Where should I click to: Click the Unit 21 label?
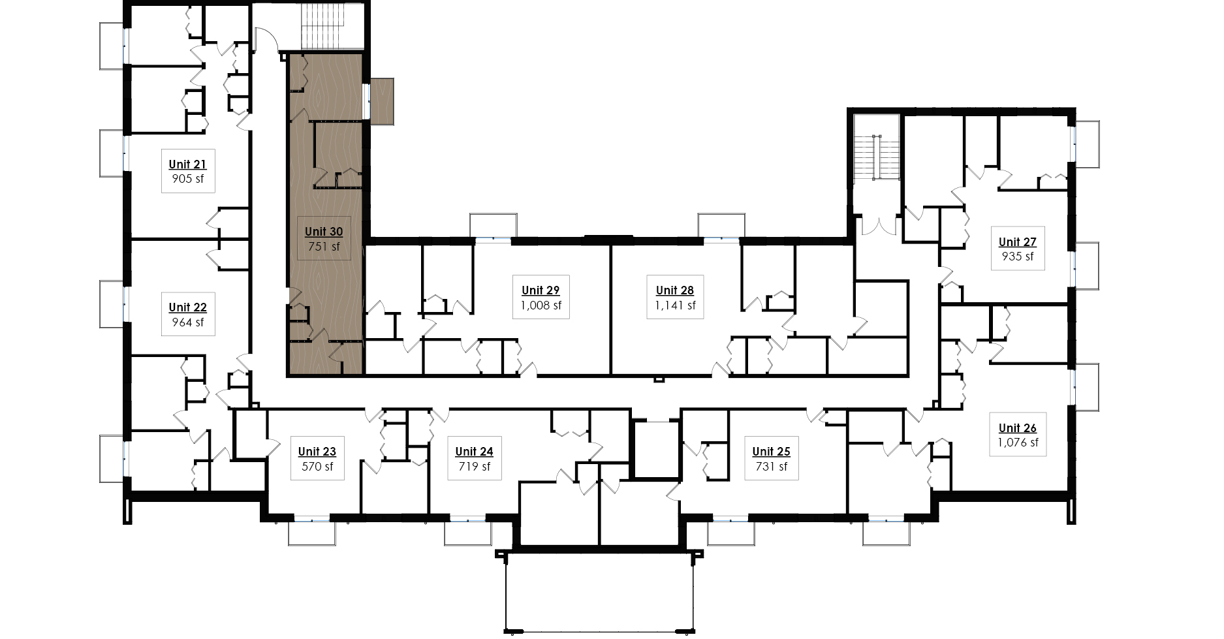click(x=188, y=164)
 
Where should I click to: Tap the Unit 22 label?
click(x=188, y=307)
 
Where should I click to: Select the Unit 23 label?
click(x=317, y=452)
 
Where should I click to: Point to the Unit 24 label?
click(x=475, y=452)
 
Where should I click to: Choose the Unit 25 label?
click(x=772, y=452)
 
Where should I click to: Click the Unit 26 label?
click(x=1018, y=428)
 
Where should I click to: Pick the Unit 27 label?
click(x=1018, y=242)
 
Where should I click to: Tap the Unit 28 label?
click(x=675, y=290)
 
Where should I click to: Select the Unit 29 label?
click(x=541, y=290)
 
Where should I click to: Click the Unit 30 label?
click(x=324, y=232)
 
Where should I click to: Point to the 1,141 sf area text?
click(x=675, y=305)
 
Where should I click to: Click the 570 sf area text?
click(x=317, y=467)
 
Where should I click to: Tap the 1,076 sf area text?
click(x=1018, y=443)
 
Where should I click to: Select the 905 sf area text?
click(x=188, y=179)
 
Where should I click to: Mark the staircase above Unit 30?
click(x=332, y=25)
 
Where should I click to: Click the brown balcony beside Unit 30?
click(x=383, y=101)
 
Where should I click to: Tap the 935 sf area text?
click(x=1018, y=257)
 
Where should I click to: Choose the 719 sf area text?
click(x=475, y=467)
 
